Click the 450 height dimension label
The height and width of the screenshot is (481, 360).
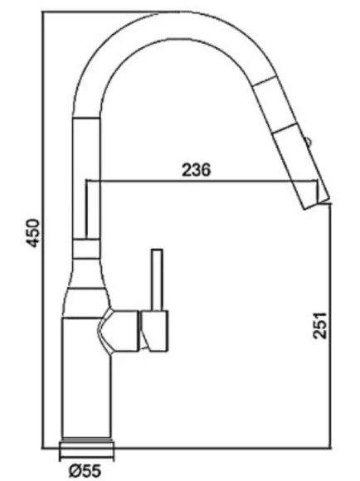(x=33, y=232)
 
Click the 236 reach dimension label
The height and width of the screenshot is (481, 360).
(x=197, y=170)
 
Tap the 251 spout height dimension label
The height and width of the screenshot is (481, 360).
(x=319, y=325)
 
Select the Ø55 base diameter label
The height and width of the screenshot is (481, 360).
(x=85, y=470)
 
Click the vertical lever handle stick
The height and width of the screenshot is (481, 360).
(x=157, y=279)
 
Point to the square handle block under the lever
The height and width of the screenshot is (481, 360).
(x=154, y=331)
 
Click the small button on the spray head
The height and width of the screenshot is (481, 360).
(x=308, y=142)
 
